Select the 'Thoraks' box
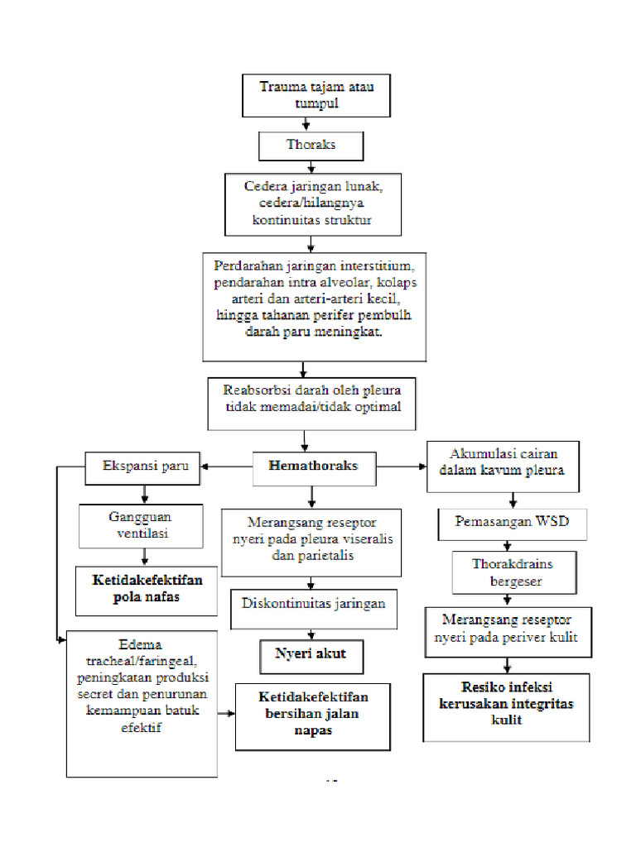(x=311, y=145)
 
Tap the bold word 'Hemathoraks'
(x=313, y=466)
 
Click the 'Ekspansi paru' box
(x=144, y=466)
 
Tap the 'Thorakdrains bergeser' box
(x=512, y=572)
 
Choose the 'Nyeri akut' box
(x=310, y=654)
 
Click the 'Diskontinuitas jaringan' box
(x=313, y=603)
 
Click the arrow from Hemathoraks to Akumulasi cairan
(x=402, y=467)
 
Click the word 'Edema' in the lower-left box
(x=141, y=644)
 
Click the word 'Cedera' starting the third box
(x=264, y=186)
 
